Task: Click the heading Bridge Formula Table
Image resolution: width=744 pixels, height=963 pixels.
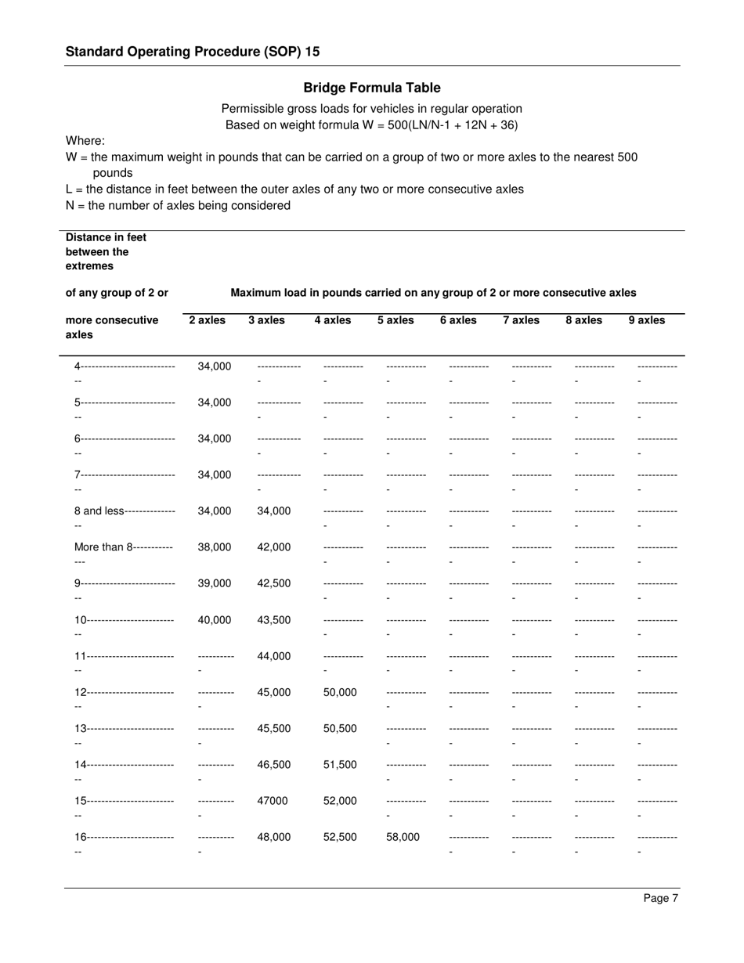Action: (x=372, y=88)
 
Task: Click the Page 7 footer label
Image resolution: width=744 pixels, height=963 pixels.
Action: (x=661, y=898)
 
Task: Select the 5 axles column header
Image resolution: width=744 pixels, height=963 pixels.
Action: (x=395, y=320)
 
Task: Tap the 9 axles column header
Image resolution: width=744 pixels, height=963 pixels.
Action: (x=646, y=320)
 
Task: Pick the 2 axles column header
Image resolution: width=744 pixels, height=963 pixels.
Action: (x=207, y=320)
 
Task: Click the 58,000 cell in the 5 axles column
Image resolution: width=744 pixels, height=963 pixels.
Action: (x=403, y=837)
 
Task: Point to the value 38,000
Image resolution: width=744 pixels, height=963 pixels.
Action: (x=215, y=547)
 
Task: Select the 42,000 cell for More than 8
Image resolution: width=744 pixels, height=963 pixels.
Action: (x=273, y=547)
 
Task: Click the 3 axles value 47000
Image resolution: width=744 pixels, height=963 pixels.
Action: (x=272, y=801)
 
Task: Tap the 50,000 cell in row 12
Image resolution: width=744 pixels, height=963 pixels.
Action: (x=340, y=692)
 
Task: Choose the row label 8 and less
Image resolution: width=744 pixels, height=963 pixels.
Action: (x=99, y=511)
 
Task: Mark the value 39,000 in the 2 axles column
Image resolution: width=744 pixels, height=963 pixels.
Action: (x=215, y=583)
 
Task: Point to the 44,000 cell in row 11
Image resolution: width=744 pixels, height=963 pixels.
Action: (x=273, y=656)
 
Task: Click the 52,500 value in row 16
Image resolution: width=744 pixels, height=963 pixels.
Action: (x=340, y=837)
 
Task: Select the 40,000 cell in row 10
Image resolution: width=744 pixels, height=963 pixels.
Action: (x=215, y=620)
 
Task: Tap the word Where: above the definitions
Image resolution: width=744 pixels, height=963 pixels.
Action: (x=85, y=141)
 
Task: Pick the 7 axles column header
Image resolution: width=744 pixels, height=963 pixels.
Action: (x=521, y=320)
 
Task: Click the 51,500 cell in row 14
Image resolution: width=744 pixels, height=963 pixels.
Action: (x=340, y=765)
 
